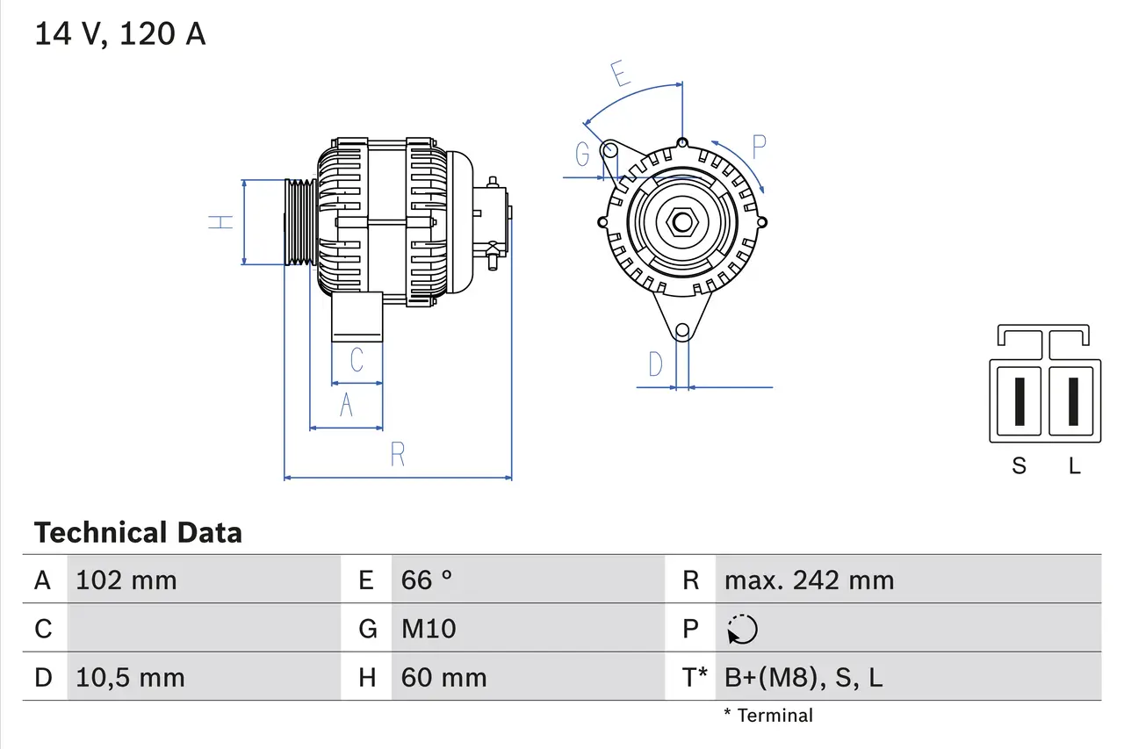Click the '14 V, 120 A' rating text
[x=119, y=34]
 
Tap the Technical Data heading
[x=138, y=533]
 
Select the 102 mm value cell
[x=126, y=580]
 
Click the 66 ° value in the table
[x=427, y=580]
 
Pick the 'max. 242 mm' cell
[x=809, y=580]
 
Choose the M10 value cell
[x=429, y=629]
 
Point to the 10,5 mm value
[x=131, y=678]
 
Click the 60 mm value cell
[x=443, y=678]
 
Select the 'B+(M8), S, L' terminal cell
[x=803, y=678]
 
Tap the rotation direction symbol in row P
[x=742, y=629]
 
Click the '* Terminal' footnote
[x=768, y=716]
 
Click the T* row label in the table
[x=695, y=678]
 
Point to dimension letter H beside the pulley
[x=221, y=222]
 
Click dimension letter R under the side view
[x=397, y=455]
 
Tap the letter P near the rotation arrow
[x=759, y=147]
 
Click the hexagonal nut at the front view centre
[x=682, y=221]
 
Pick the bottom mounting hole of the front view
[x=682, y=331]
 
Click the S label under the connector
[x=1019, y=466]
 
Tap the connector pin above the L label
[x=1073, y=401]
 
